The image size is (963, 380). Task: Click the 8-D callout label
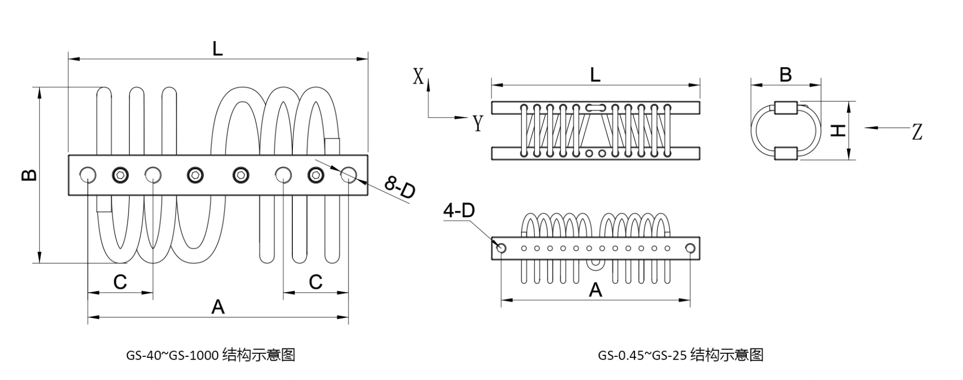(400, 188)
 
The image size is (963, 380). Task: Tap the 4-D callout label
(459, 211)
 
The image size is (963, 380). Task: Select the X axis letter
(418, 77)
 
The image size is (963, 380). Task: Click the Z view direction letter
(917, 131)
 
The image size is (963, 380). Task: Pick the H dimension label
(839, 130)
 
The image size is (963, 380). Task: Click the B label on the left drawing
(30, 174)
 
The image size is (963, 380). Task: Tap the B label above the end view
(785, 75)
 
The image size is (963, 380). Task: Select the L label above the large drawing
(217, 49)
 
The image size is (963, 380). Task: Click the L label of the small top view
(595, 75)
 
